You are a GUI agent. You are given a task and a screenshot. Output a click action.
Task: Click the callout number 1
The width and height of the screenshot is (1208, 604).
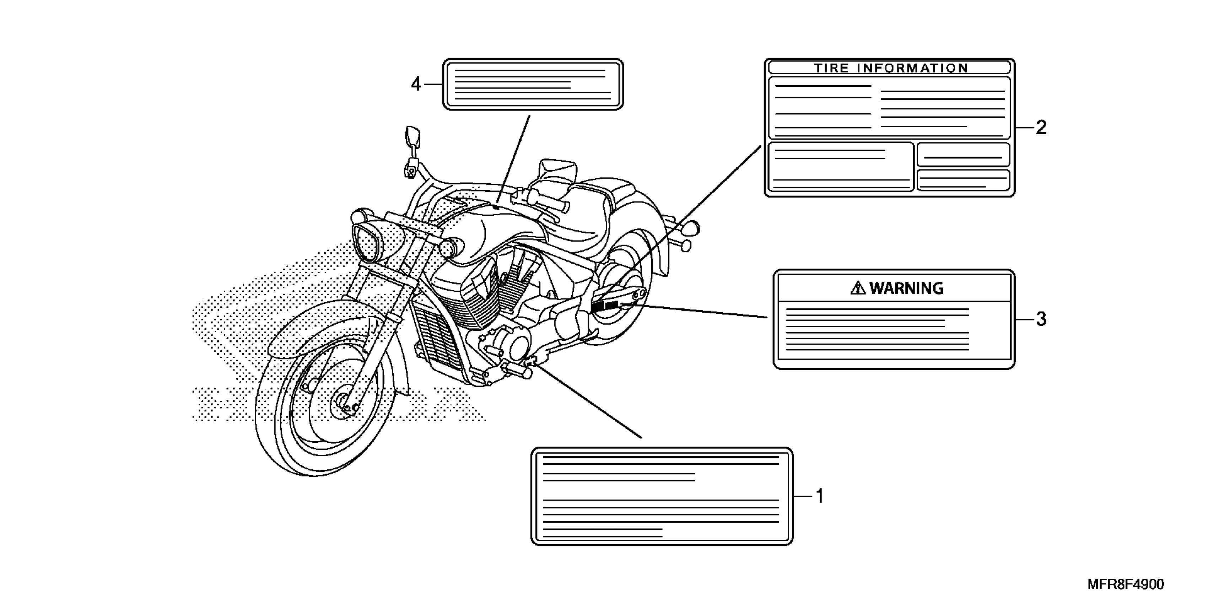820,496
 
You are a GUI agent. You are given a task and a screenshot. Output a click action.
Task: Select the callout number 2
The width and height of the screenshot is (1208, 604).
1041,128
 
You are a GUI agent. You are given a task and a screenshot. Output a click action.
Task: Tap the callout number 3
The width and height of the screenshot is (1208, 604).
1041,319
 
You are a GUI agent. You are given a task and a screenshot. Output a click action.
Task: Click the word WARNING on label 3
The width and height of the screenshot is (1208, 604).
906,288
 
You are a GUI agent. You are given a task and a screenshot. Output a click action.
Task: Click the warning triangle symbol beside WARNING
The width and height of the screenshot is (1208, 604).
858,288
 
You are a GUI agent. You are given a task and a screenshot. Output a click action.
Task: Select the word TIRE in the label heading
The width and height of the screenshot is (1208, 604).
831,68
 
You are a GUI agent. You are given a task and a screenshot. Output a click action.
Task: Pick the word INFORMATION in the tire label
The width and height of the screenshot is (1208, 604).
913,68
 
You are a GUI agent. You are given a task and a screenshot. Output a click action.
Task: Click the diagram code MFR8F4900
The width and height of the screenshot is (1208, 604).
1126,584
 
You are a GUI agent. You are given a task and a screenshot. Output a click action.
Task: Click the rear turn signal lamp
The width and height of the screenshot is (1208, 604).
692,228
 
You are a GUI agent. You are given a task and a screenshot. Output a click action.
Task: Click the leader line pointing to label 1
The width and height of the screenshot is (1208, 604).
586,401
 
